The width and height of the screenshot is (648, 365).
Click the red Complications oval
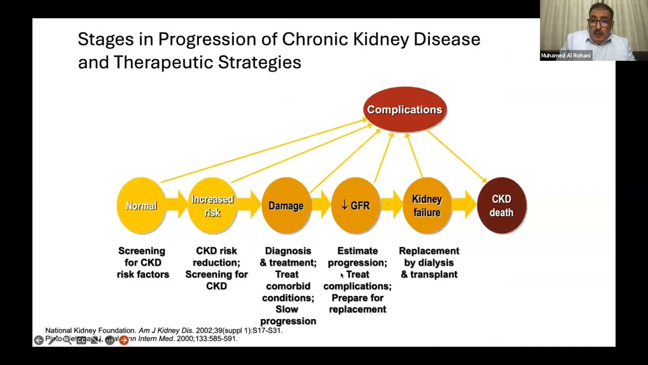click(404, 109)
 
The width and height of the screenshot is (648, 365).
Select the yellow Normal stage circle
click(141, 206)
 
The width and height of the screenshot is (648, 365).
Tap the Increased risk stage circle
click(212, 206)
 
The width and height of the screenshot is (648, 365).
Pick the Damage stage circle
click(286, 206)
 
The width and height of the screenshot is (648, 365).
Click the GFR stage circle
click(355, 206)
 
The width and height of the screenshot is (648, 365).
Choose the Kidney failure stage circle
click(427, 206)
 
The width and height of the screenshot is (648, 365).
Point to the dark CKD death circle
click(501, 206)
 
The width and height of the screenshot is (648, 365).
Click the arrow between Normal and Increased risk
click(177, 206)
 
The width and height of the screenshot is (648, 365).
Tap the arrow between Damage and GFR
click(321, 206)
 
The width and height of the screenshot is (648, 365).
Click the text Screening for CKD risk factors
click(142, 263)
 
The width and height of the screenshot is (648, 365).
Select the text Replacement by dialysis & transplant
click(429, 263)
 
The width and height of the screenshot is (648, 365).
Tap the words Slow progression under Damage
click(288, 315)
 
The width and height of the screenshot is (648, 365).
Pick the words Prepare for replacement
click(357, 303)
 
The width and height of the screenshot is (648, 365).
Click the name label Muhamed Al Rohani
click(565, 56)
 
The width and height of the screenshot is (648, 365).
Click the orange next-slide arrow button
click(124, 340)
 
